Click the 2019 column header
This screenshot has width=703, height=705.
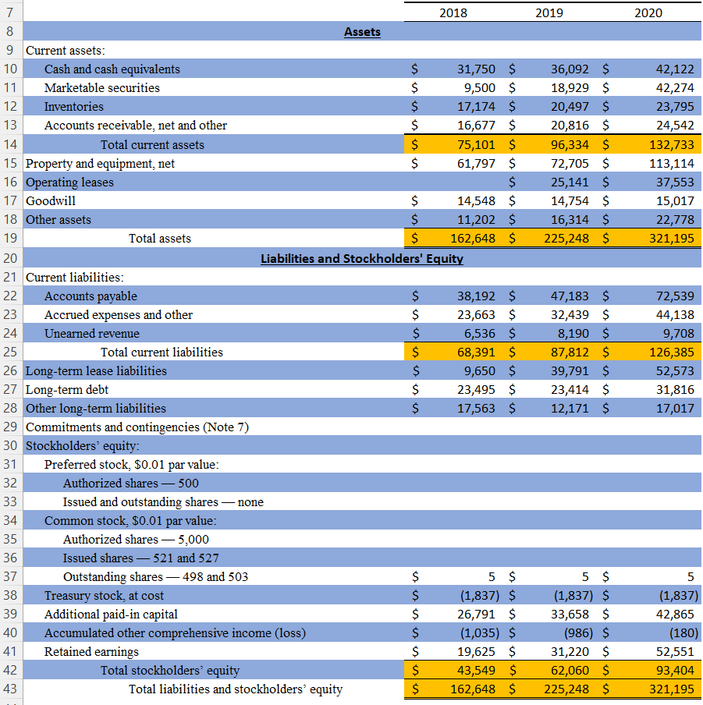click(550, 12)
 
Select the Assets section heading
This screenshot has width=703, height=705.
click(362, 32)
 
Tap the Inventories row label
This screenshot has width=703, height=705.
click(73, 107)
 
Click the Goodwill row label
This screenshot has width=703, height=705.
click(51, 201)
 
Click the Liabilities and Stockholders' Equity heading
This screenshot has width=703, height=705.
click(361, 258)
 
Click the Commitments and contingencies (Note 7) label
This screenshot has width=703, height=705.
click(137, 427)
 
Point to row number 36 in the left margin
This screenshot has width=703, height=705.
click(11, 558)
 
